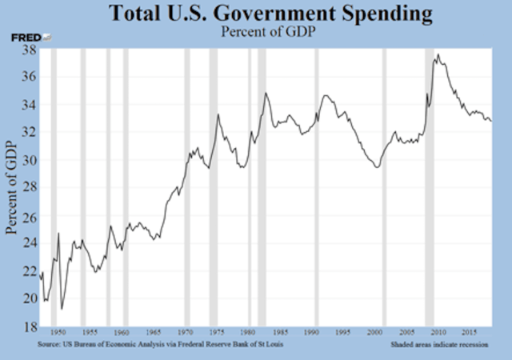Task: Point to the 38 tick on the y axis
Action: pos(27,50)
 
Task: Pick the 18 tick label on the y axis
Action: pos(27,326)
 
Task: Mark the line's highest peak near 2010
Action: pos(438,54)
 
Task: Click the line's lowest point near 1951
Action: pos(62,309)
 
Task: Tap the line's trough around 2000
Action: pos(376,166)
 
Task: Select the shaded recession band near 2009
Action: pos(429,188)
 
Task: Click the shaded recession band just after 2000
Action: pos(382,188)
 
